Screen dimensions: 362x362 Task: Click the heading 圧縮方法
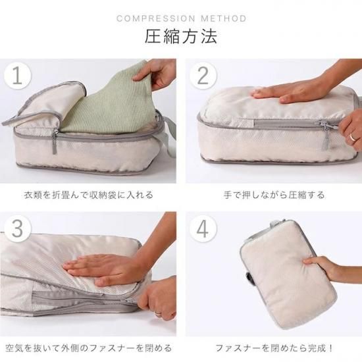(x=181, y=36)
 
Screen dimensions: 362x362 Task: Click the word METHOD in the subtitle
(x=224, y=18)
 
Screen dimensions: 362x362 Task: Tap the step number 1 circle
(x=17, y=76)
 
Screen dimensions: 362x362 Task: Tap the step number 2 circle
(x=203, y=76)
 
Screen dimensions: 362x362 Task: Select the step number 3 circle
(x=17, y=228)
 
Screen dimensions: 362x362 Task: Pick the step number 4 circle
(x=203, y=228)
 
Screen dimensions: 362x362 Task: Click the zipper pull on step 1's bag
(x=55, y=142)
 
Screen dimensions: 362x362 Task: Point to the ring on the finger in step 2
(x=353, y=137)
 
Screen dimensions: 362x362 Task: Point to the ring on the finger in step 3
(x=158, y=314)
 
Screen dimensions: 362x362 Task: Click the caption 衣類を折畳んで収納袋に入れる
(x=89, y=195)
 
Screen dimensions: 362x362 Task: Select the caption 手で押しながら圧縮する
(x=274, y=195)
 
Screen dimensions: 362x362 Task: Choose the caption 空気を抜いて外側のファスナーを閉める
(x=89, y=348)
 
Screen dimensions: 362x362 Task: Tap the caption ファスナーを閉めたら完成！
(x=274, y=348)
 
